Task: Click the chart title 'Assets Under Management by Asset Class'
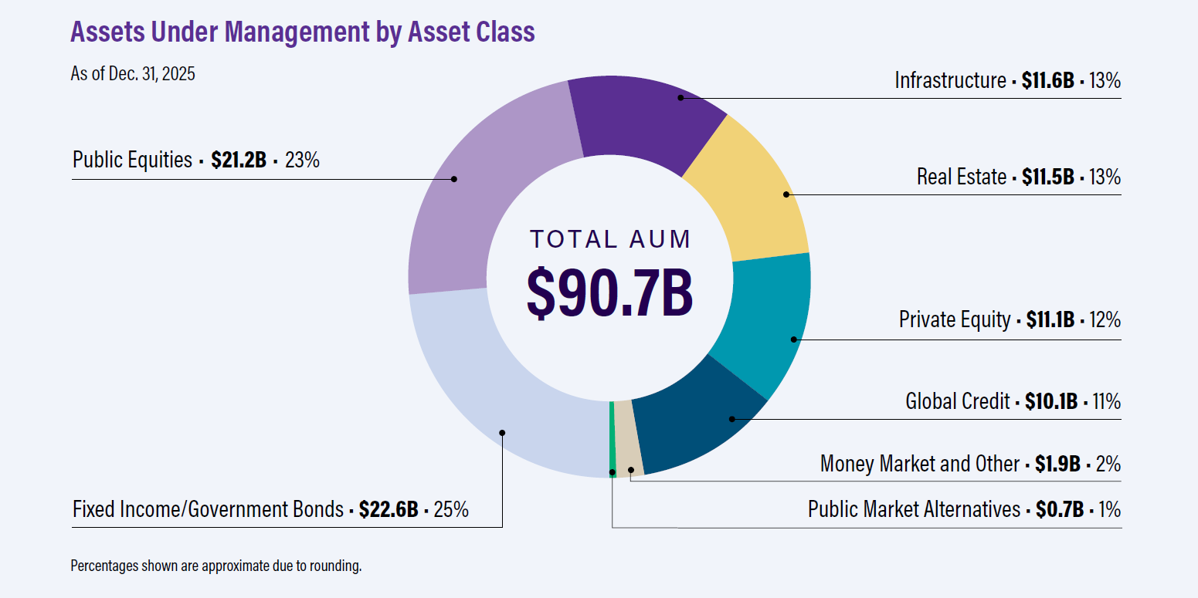(302, 32)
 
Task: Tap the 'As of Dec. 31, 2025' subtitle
(133, 74)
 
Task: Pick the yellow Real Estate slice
(753, 193)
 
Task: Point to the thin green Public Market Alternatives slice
(613, 440)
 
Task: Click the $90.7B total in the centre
(609, 292)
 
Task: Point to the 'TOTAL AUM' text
(609, 239)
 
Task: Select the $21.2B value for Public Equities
(238, 160)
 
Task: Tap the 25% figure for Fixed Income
(451, 509)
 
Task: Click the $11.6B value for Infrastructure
(1047, 80)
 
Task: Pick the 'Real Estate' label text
(961, 177)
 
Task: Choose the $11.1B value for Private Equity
(1050, 319)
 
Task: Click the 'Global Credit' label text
(957, 401)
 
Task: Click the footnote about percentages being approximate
(216, 566)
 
